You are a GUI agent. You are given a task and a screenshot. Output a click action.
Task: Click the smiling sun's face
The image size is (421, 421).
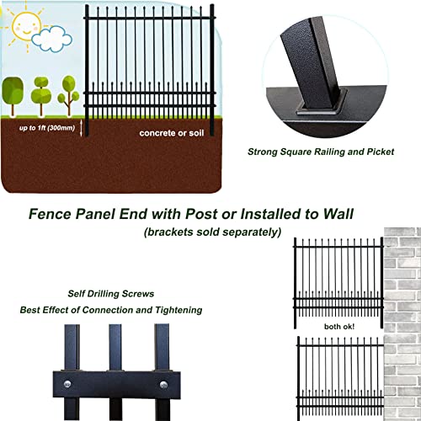27,26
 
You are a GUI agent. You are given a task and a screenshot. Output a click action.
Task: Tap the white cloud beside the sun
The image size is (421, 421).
51,39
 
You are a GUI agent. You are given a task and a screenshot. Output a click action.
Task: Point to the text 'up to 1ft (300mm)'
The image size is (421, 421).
47,128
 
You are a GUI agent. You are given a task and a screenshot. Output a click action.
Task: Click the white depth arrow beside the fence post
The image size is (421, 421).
81,128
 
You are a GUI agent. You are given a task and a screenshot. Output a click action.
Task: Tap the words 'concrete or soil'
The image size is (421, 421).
172,133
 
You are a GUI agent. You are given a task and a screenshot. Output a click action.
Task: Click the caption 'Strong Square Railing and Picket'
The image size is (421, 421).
321,152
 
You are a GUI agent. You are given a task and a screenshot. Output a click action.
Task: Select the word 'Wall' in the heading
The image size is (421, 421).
338,214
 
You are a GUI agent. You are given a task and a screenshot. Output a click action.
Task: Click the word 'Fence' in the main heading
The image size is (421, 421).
50,214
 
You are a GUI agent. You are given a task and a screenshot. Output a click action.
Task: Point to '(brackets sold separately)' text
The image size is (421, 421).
212,232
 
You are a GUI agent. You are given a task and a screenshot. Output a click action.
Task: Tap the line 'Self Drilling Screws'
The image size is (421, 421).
111,294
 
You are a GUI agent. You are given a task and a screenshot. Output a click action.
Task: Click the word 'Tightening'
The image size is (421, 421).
179,310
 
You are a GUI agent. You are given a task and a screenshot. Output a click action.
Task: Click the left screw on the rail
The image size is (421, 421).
67,384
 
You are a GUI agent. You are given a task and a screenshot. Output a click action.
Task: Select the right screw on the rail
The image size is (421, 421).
163,385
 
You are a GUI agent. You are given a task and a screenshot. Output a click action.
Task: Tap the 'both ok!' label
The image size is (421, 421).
339,327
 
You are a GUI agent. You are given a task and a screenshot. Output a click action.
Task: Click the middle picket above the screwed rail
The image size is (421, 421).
115,348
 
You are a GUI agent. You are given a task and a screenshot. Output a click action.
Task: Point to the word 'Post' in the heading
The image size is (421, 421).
201,214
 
